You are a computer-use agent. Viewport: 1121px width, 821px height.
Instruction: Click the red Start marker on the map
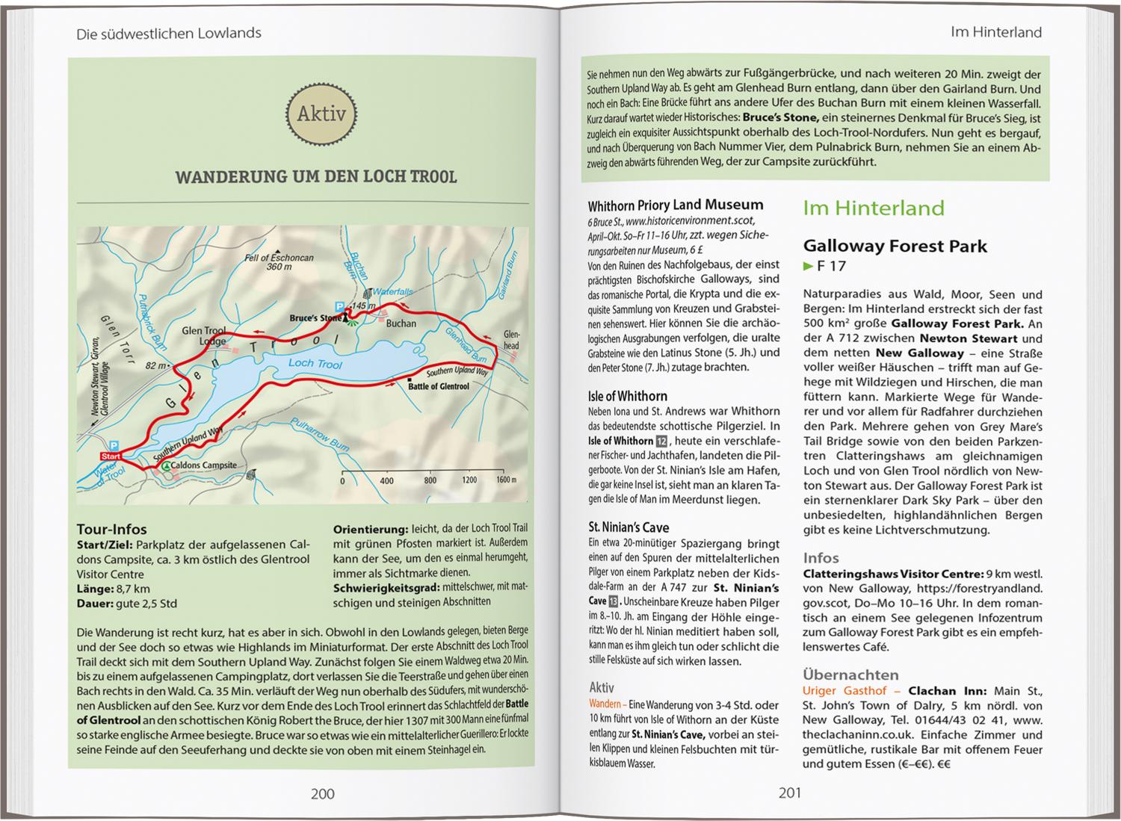pyautogui.click(x=111, y=456)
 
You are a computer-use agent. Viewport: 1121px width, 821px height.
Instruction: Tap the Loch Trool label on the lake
pyautogui.click(x=315, y=364)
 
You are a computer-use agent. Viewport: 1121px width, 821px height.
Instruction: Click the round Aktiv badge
pyautogui.click(x=322, y=114)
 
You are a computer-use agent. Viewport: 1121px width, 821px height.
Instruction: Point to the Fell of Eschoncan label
pyautogui.click(x=279, y=258)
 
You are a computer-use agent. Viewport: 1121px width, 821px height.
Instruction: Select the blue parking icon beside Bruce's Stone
pyautogui.click(x=339, y=306)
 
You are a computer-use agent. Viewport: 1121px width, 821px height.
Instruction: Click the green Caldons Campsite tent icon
pyautogui.click(x=165, y=465)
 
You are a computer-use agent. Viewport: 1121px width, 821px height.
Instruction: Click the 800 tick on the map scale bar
pyautogui.click(x=430, y=480)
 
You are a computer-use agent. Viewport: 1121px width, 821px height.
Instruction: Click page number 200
pyautogui.click(x=322, y=793)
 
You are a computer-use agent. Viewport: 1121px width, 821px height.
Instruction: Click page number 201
pyautogui.click(x=789, y=793)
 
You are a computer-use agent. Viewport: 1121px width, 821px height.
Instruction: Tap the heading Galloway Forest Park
pyautogui.click(x=895, y=246)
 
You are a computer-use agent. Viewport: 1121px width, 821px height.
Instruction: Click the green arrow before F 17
pyautogui.click(x=807, y=266)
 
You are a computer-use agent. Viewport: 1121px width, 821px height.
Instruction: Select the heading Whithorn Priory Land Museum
pyautogui.click(x=675, y=205)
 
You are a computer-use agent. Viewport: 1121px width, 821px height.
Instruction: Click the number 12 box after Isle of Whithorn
pyautogui.click(x=661, y=441)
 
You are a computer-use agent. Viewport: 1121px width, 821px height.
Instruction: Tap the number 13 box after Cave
pyautogui.click(x=614, y=601)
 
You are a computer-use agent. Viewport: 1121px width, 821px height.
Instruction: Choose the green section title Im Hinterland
pyautogui.click(x=873, y=208)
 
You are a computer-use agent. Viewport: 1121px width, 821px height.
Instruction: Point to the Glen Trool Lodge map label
pyautogui.click(x=203, y=336)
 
